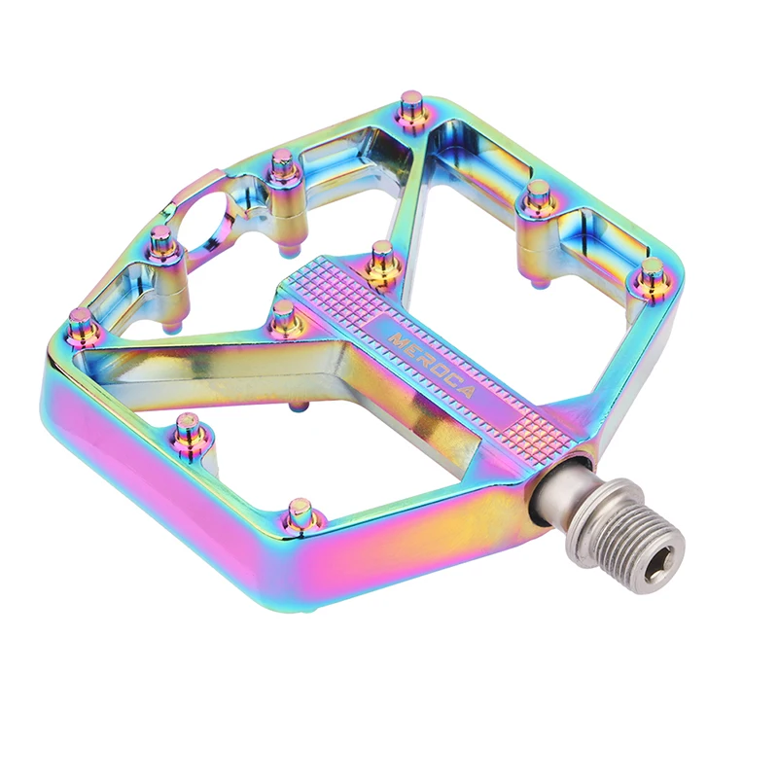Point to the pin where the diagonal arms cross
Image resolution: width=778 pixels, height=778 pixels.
[283, 314]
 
